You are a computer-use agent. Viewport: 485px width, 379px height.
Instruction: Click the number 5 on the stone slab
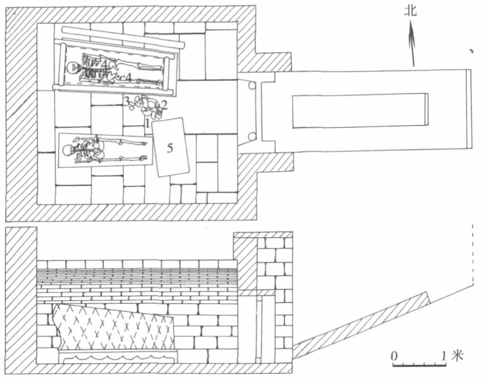coord(170,148)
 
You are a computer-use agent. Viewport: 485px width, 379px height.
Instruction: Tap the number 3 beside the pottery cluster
coord(126,101)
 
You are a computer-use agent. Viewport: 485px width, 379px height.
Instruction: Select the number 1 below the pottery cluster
coord(148,123)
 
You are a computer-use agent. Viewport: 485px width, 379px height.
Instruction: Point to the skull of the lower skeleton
coord(69,151)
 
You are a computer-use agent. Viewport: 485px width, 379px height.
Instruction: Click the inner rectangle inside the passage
coord(360,111)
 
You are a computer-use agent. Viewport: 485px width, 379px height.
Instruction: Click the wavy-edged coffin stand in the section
coord(117,357)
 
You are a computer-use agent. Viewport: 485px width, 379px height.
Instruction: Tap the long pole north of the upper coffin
coord(122,37)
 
